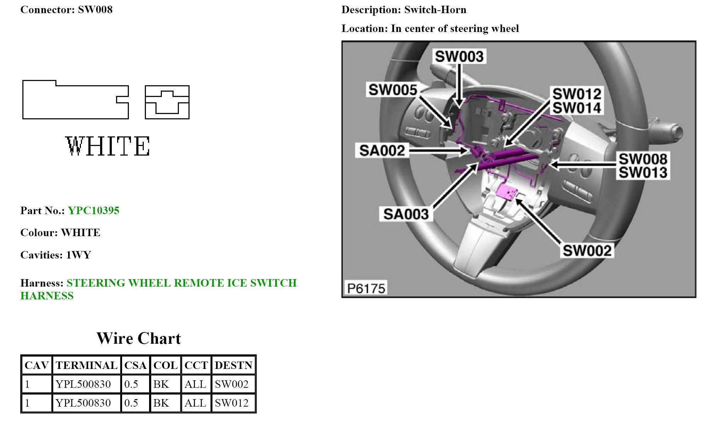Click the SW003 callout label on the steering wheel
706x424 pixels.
tap(459, 56)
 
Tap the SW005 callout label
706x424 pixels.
tap(393, 90)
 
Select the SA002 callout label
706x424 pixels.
tap(382, 151)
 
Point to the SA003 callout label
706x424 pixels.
tap(406, 214)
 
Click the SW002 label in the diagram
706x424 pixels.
tap(587, 251)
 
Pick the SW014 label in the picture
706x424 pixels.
tap(577, 108)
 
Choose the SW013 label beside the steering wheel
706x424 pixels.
tap(643, 173)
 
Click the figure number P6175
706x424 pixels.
tap(366, 288)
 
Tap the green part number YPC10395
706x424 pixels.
tap(93, 211)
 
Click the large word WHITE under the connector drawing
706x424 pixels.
tap(108, 146)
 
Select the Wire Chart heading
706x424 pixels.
tap(138, 338)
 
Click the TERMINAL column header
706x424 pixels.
tap(86, 365)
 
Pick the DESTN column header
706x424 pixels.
tap(233, 365)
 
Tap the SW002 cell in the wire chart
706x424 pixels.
tap(231, 384)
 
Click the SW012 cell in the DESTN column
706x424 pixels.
tap(231, 403)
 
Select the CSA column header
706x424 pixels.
tap(135, 365)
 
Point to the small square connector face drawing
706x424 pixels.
tap(167, 102)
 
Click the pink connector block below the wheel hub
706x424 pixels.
tap(506, 192)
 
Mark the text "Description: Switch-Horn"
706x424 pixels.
tap(404, 10)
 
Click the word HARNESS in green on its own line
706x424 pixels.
tap(47, 296)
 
